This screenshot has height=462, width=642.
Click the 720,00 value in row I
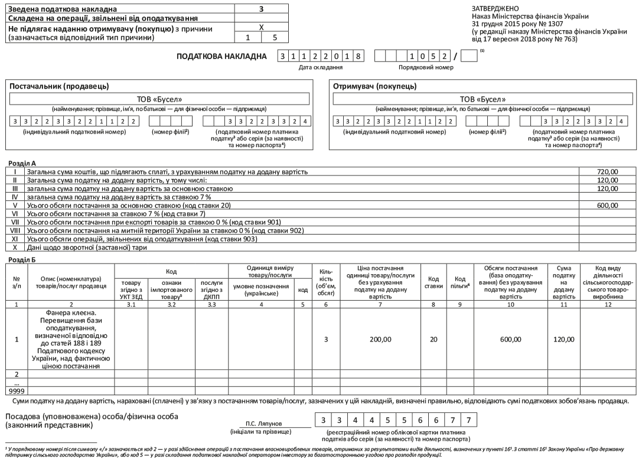[607, 171]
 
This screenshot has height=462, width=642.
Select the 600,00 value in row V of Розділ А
[607, 205]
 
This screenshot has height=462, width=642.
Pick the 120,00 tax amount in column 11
[563, 340]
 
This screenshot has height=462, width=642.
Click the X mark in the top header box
[261, 28]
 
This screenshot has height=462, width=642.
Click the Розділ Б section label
[21, 259]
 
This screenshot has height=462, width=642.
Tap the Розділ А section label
[21, 161]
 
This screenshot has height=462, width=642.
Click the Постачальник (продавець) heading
[59, 86]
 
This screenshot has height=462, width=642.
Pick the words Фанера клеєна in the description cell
[71, 314]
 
